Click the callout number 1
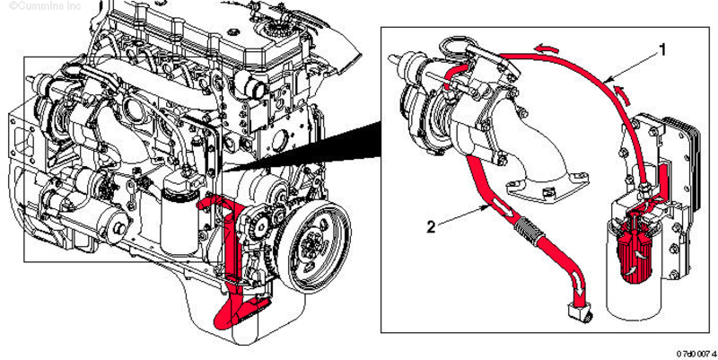click(x=662, y=50)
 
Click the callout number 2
click(x=431, y=227)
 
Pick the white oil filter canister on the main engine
click(x=178, y=215)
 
